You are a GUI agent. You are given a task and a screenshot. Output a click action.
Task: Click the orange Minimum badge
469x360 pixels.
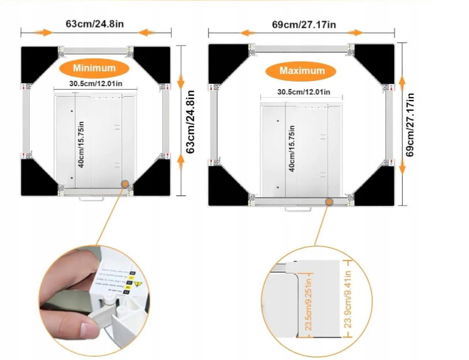tap(94, 68)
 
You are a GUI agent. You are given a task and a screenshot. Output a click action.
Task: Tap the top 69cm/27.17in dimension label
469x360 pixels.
tap(304, 25)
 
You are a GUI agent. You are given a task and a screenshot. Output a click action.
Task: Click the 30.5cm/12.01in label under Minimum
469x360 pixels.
tap(95, 83)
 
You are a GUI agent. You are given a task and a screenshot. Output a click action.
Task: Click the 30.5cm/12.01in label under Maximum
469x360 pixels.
tap(303, 92)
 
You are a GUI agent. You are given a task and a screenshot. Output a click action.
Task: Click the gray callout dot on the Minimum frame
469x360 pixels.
tap(124, 184)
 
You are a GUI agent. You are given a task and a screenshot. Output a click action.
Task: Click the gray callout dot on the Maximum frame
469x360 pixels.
tap(329, 202)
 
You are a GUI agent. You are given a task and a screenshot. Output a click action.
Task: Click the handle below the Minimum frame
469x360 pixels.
tap(91, 197)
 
